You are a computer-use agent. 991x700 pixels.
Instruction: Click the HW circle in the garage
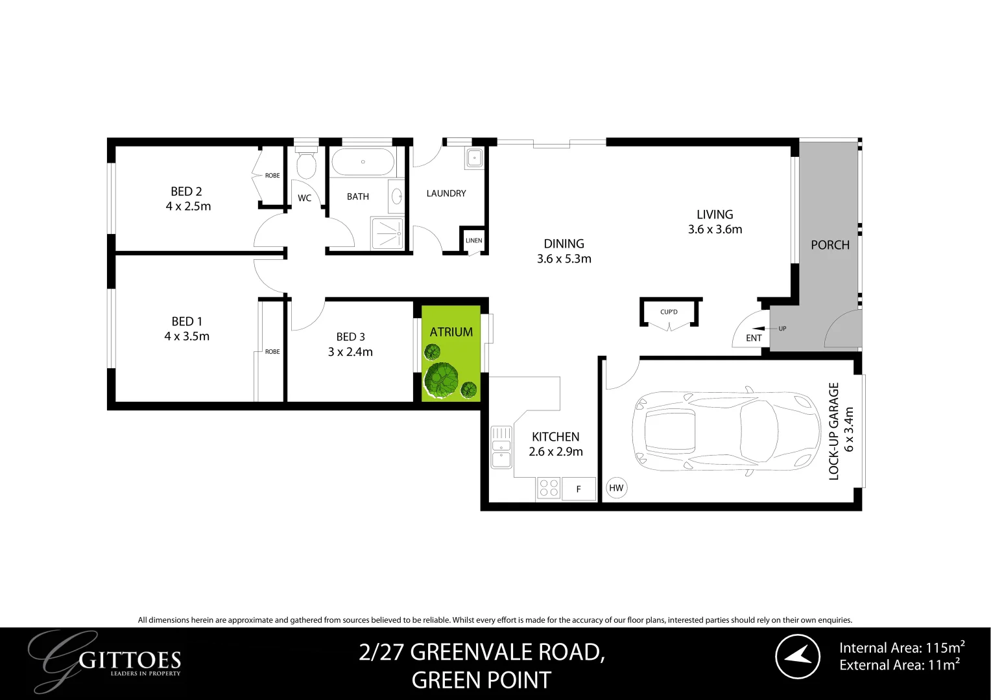click(616, 488)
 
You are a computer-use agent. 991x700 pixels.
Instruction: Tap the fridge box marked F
click(579, 489)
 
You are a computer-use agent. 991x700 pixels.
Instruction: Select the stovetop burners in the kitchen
click(549, 487)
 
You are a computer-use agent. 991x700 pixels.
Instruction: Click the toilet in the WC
click(305, 165)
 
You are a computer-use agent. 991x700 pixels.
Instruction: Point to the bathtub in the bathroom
click(363, 161)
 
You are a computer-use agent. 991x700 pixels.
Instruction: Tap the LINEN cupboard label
click(473, 240)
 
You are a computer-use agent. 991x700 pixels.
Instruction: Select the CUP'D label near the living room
click(669, 312)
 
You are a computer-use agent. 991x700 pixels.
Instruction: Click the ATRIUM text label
click(451, 332)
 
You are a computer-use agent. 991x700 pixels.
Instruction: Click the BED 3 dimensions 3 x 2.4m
click(350, 352)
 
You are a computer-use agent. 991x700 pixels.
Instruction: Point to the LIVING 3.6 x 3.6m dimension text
click(715, 229)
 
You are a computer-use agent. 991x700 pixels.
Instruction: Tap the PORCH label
click(830, 245)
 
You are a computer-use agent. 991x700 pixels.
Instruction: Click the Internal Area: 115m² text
click(901, 647)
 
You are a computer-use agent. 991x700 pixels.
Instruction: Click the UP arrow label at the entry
click(782, 329)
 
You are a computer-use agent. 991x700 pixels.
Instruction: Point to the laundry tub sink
click(474, 157)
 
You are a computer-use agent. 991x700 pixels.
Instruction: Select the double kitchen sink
click(501, 447)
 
